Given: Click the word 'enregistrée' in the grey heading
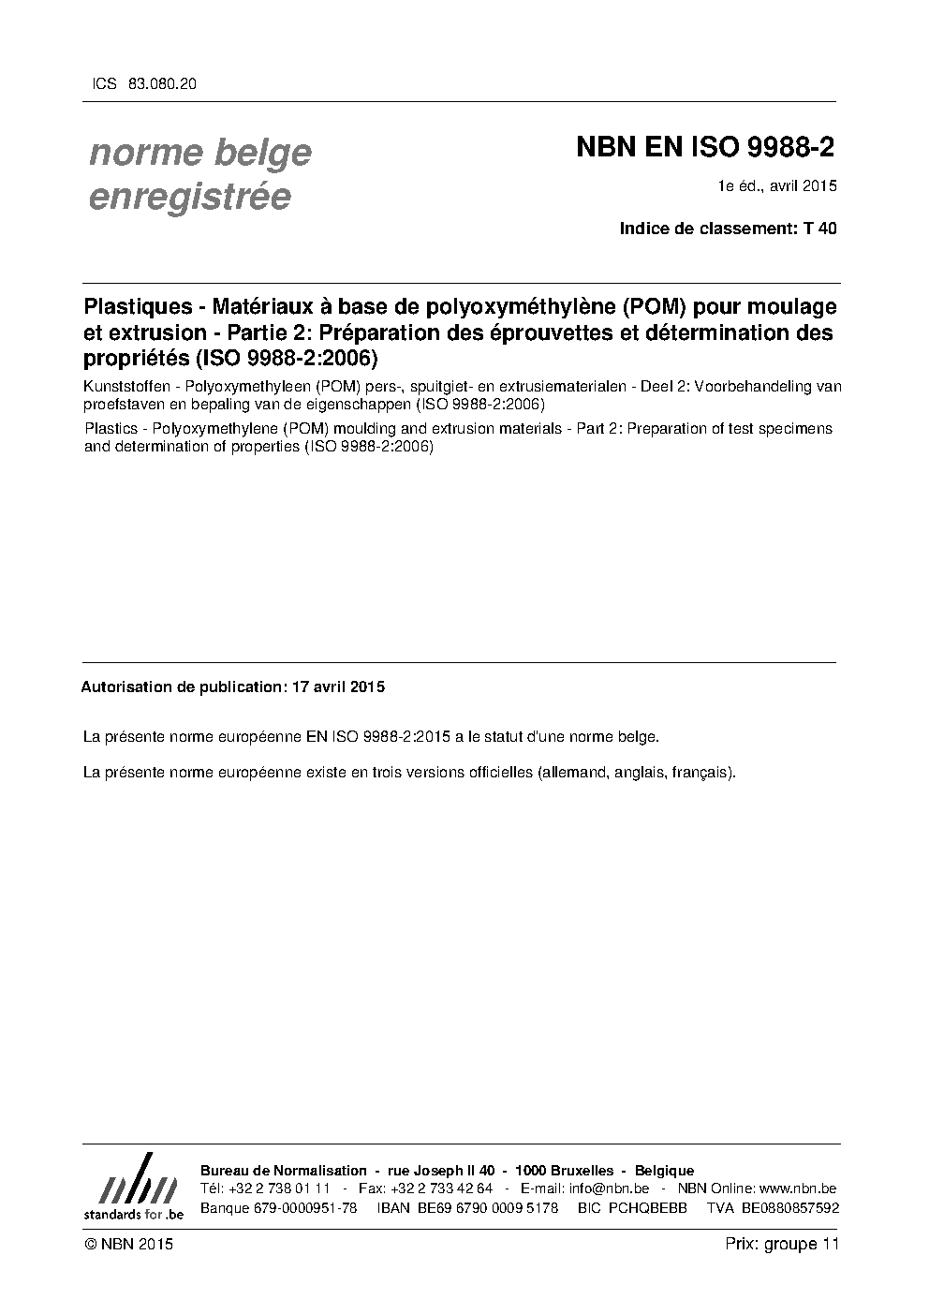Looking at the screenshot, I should pos(189,197).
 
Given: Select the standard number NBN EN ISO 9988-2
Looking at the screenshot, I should pos(705,147).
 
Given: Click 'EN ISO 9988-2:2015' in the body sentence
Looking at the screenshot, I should pos(379,736).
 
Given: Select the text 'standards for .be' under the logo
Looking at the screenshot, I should pos(134,1213).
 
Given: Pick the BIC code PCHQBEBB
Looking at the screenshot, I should pos(647,1208).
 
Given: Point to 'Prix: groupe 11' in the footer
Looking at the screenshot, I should pos(782,1244).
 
